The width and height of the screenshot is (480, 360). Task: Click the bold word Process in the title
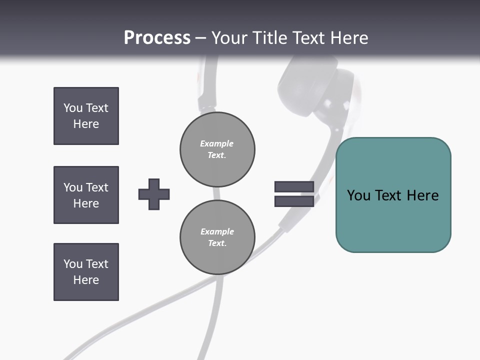pyautogui.click(x=157, y=38)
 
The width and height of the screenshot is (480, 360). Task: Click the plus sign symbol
pyautogui.click(x=154, y=194)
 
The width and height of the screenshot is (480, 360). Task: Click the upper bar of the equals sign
pyautogui.click(x=294, y=186)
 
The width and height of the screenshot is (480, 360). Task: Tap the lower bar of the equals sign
pyautogui.click(x=294, y=201)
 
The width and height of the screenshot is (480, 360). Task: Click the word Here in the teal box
pyautogui.click(x=422, y=195)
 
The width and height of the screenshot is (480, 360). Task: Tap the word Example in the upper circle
pyautogui.click(x=216, y=143)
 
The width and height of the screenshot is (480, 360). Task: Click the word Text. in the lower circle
pyautogui.click(x=217, y=243)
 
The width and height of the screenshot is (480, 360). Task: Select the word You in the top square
pyautogui.click(x=73, y=108)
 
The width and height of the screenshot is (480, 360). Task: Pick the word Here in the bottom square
pyautogui.click(x=86, y=280)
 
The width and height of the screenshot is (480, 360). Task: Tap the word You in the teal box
pyautogui.click(x=358, y=195)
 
